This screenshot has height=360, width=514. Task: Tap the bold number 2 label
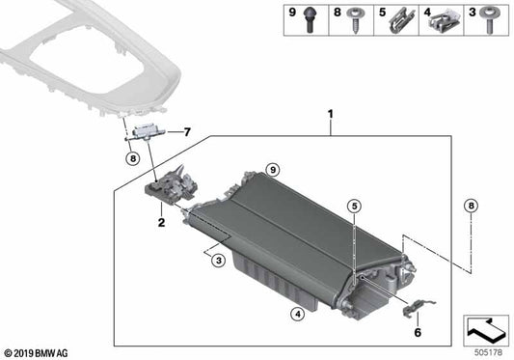[x=161, y=222]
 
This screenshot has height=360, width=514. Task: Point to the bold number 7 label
[x=187, y=131]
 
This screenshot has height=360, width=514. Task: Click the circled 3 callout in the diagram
[x=220, y=261]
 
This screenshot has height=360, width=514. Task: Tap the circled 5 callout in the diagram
[x=354, y=206]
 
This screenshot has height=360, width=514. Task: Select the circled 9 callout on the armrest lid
[x=273, y=170]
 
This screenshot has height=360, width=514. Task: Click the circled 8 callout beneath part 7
[x=131, y=158]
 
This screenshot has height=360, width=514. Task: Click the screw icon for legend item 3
[x=493, y=16]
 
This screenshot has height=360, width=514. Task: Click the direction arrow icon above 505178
[x=487, y=328]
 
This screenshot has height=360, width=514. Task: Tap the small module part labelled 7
[x=148, y=130]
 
